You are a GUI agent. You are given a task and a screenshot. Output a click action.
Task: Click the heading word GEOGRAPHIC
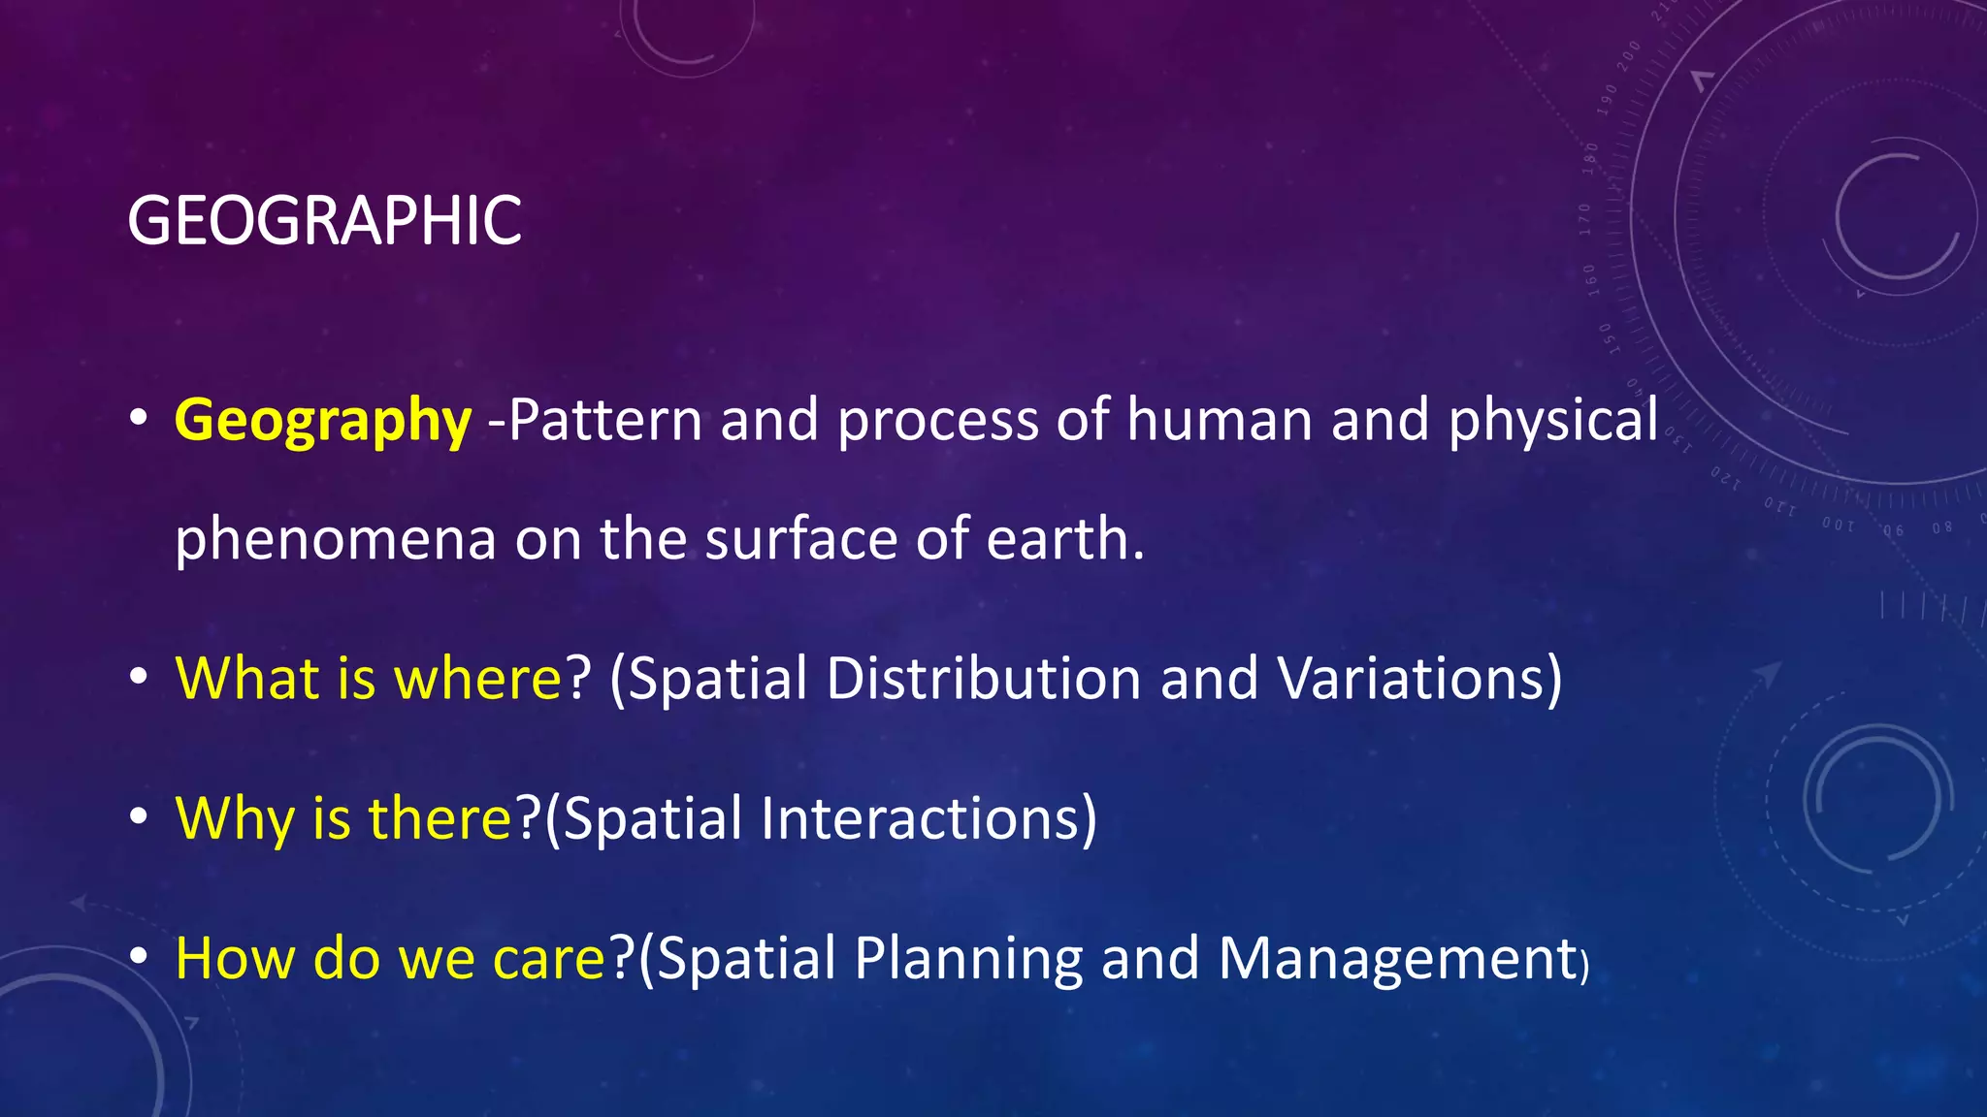click(324, 221)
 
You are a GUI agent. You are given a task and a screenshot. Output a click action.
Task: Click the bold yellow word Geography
click(322, 421)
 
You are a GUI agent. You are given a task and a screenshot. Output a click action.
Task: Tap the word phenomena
click(335, 539)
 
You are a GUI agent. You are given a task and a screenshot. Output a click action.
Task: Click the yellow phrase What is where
click(369, 678)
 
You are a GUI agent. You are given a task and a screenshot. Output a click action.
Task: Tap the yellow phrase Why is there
click(343, 818)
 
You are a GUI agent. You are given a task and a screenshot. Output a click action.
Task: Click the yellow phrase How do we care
click(390, 959)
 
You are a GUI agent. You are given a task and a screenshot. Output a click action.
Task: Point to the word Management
click(1397, 959)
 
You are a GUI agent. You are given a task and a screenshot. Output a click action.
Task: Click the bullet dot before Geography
click(139, 419)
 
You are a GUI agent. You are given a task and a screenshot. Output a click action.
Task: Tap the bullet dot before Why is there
click(139, 817)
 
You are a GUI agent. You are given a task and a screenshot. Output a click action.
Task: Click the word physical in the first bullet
click(1552, 421)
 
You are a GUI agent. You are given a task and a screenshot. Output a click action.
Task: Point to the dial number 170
click(1585, 219)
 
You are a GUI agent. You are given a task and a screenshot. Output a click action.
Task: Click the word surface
click(801, 539)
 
